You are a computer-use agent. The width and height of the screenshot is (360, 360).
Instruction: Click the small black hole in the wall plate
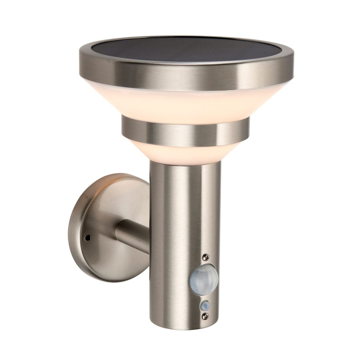click(88, 238)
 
